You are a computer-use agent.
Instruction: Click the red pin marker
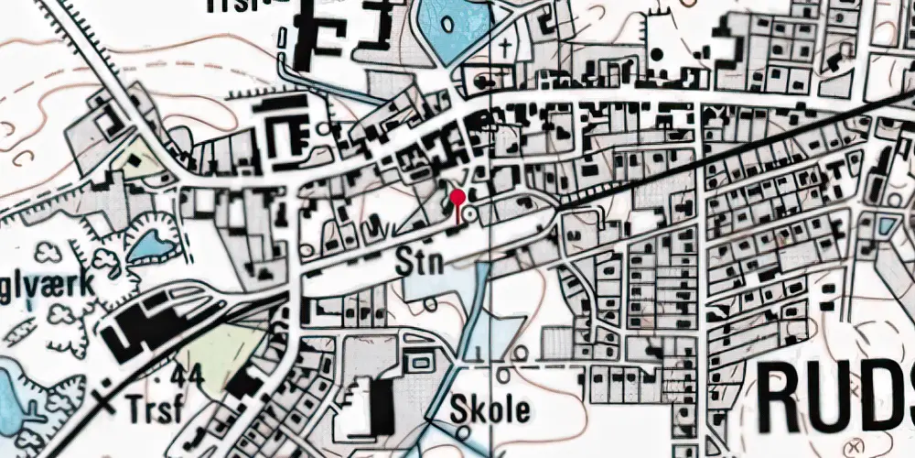click(x=457, y=197)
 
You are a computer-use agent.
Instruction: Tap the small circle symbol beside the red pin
click(x=470, y=213)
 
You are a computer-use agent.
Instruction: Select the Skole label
click(x=490, y=409)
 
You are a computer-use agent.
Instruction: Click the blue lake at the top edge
click(x=448, y=32)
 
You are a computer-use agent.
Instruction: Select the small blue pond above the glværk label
click(x=150, y=245)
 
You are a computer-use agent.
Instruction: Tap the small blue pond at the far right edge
click(x=886, y=225)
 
